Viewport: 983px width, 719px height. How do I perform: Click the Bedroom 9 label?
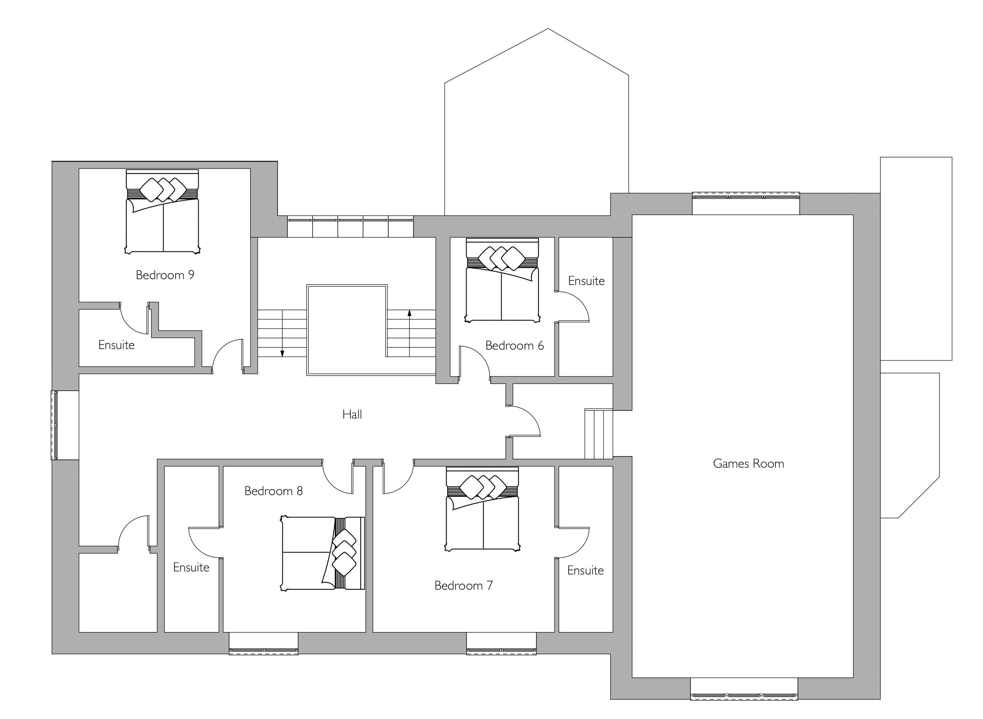tap(165, 275)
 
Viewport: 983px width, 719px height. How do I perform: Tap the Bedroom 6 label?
tap(515, 346)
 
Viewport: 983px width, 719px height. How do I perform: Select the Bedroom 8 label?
tap(273, 491)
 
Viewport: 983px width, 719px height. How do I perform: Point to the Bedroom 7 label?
tap(464, 585)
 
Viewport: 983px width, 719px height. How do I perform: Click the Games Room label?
tap(748, 463)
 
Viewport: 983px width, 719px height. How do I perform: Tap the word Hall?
tap(352, 414)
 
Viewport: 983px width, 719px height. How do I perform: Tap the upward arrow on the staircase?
tap(409, 333)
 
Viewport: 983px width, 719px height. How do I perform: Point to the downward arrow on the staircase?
tap(282, 333)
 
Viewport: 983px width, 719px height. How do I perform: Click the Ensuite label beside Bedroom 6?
tap(586, 281)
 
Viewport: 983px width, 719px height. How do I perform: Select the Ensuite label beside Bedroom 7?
tap(585, 570)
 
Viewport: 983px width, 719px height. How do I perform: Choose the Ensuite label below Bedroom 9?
tap(116, 345)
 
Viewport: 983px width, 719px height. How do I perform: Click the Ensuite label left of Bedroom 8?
tap(191, 567)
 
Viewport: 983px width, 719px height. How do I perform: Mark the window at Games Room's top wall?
tap(746, 196)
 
